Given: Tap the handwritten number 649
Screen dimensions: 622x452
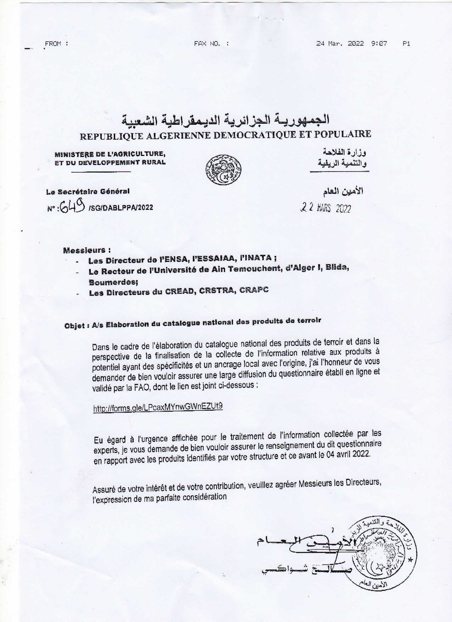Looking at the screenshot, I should point(72,205).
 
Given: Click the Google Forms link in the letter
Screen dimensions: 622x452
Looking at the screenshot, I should point(158,407).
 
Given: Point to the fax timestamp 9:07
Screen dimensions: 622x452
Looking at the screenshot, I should point(379,44).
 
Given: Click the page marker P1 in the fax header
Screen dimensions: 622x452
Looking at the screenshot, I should point(406,44).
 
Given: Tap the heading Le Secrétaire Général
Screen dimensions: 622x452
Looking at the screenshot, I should point(88,192).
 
